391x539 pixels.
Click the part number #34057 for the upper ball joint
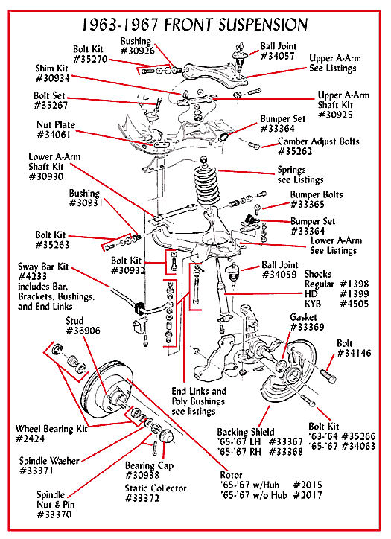click(278, 56)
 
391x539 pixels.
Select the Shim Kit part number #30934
click(53, 78)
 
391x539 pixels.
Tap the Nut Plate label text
click(56, 124)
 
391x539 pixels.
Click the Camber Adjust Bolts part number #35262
click(295, 151)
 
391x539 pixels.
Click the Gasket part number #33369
click(307, 327)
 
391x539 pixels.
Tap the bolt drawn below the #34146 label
click(328, 376)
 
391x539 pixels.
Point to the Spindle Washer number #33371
click(36, 471)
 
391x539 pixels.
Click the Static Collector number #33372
click(142, 498)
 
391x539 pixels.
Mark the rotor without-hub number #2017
click(308, 495)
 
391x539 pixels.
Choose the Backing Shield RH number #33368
click(286, 451)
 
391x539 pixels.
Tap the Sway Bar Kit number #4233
click(32, 276)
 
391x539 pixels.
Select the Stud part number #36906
click(83, 331)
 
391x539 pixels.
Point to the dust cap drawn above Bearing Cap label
click(167, 436)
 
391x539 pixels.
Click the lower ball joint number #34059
click(279, 275)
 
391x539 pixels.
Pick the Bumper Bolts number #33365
click(308, 205)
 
